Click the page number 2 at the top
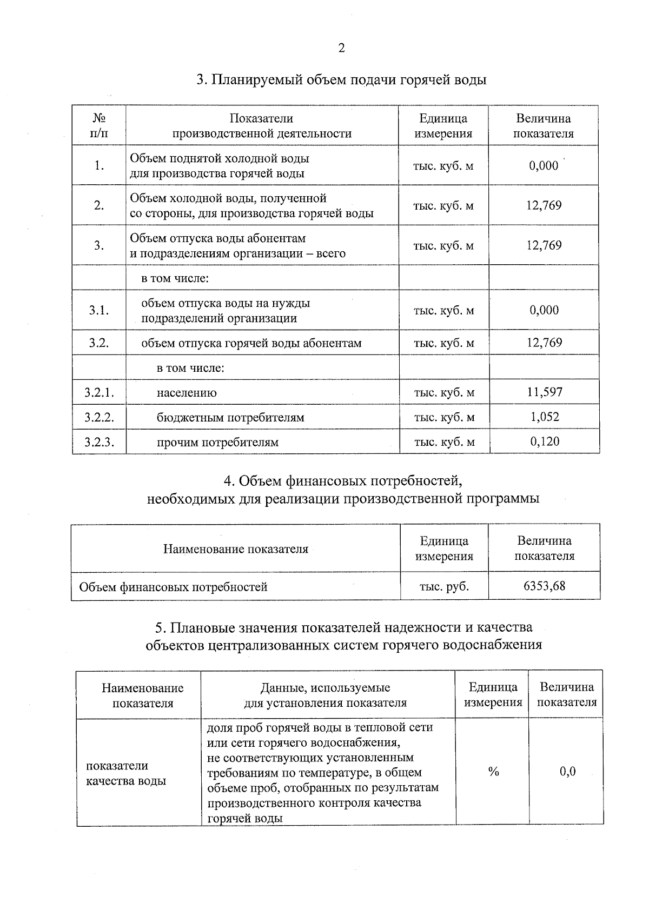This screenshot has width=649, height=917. tap(341, 49)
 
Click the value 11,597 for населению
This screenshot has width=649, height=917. tap(545, 392)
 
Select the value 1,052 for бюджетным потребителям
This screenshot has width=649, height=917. tap(545, 417)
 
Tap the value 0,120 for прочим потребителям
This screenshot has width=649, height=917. tap(545, 441)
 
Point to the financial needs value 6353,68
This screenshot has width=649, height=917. tap(544, 586)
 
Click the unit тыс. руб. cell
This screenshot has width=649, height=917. tap(444, 586)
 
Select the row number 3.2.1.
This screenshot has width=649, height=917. tap(99, 392)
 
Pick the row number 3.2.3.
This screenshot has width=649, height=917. tap(99, 442)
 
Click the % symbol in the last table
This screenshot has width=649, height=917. tap(493, 772)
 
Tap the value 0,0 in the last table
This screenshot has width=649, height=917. tap(567, 772)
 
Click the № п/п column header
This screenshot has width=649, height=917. tap(99, 125)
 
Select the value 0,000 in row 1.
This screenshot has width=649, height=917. tap(544, 165)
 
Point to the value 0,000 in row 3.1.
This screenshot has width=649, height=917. tap(544, 310)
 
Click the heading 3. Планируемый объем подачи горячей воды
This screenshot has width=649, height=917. tap(341, 80)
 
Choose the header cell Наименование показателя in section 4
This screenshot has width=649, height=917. tap(235, 549)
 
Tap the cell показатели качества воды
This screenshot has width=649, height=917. tap(126, 773)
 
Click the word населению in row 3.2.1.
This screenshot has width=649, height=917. tap(187, 393)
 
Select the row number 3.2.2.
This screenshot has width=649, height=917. tap(99, 417)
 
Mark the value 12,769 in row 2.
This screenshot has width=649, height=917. tap(544, 205)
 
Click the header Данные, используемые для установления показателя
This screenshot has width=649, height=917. tap(325, 695)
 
